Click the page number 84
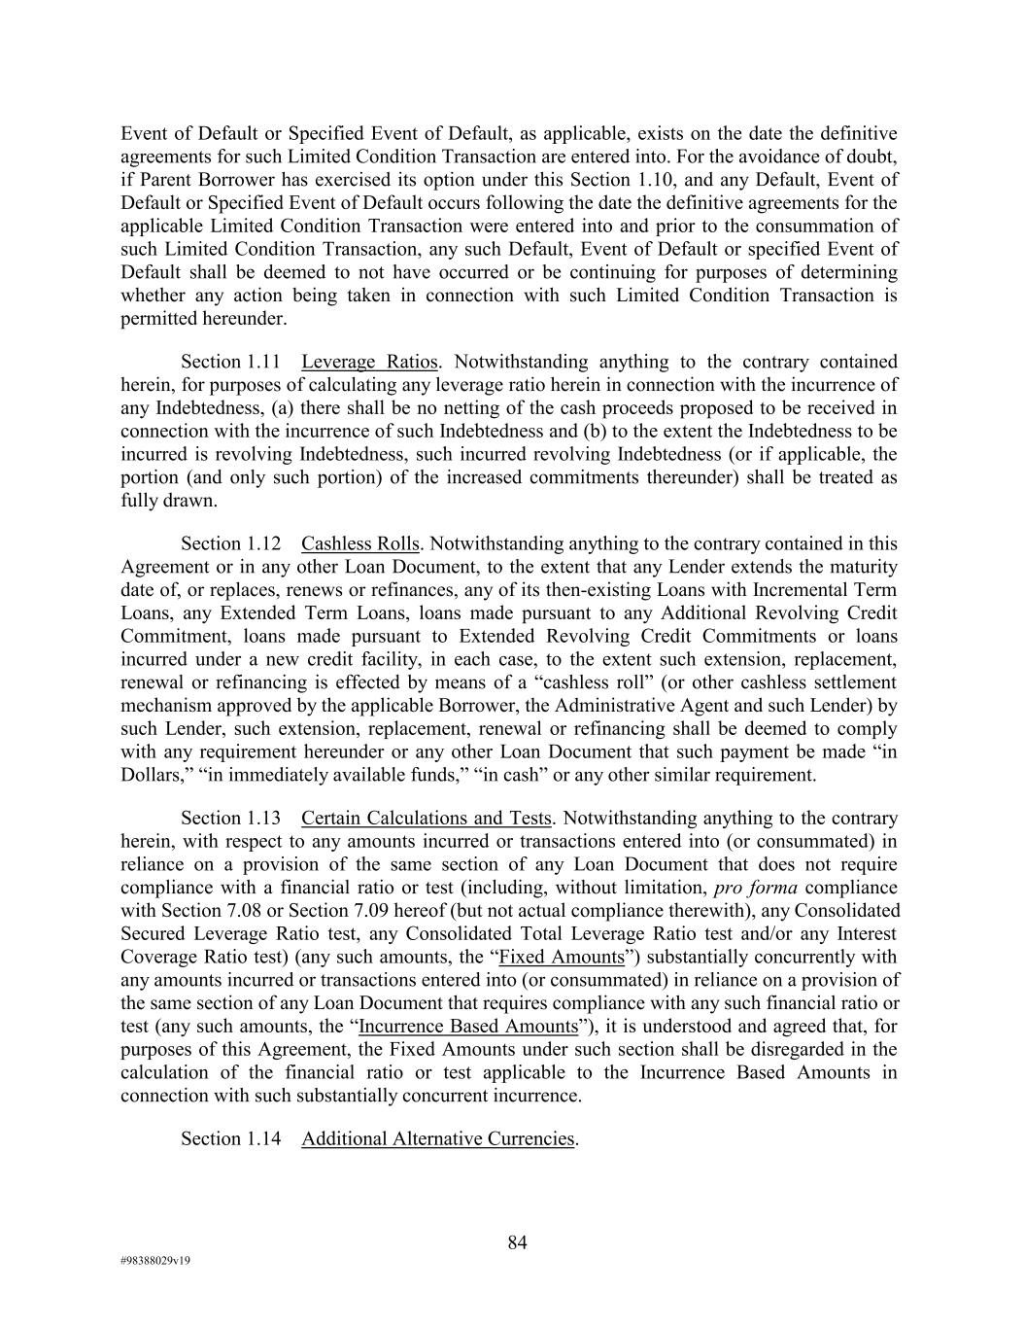coord(517,1242)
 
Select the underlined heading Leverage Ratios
coord(369,362)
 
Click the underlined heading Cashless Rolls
coord(360,543)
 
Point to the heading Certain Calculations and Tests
coord(426,818)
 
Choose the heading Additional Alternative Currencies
coord(437,1138)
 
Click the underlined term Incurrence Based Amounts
coord(467,1027)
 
